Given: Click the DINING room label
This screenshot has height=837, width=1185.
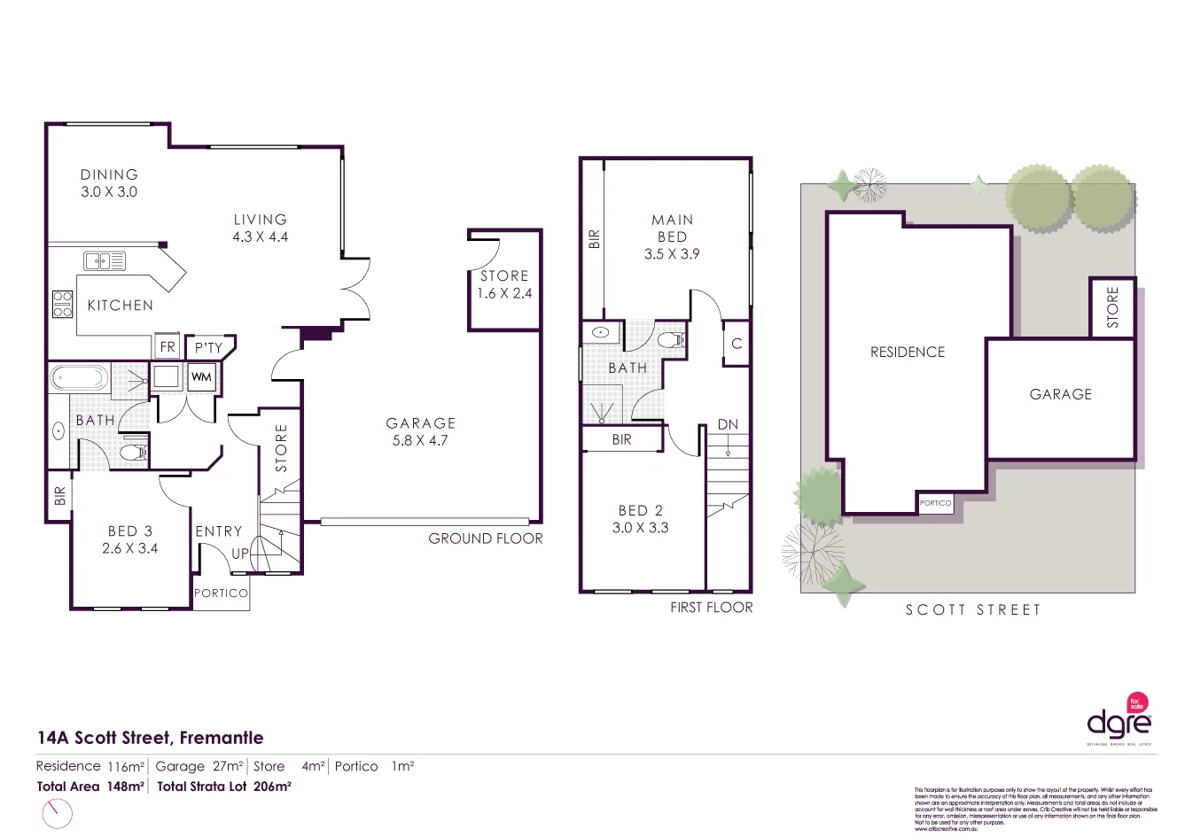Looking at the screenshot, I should pos(109,175).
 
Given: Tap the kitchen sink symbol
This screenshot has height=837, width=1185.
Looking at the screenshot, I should pos(105,260).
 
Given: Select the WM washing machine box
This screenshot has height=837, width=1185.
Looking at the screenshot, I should pos(201,377).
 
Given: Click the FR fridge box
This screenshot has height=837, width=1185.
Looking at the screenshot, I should pos(168,346).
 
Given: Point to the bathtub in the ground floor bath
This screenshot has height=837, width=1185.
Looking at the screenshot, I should pos(79,378).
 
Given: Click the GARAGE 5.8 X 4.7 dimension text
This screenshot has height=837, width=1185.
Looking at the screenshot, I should pos(420,440).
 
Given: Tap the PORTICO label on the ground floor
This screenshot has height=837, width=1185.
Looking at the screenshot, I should pos(221,593).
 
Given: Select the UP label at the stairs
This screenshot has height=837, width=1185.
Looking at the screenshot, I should pos(240,554).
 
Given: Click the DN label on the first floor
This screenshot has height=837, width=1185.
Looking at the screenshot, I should pos(728,425).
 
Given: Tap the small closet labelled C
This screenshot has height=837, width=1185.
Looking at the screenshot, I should pos(737,344).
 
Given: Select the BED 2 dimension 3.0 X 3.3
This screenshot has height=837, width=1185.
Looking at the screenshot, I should pos(640,528).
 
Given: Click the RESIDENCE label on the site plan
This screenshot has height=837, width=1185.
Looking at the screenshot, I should pos(908,353).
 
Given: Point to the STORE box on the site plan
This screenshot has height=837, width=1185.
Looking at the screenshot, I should pos(1112,307).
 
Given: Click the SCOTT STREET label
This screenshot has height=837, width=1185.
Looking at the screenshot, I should pos(972,610).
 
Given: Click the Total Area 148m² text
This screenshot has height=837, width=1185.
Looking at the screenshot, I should pos(90,787).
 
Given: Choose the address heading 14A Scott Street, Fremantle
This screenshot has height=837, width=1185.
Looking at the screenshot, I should pos(150,738).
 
